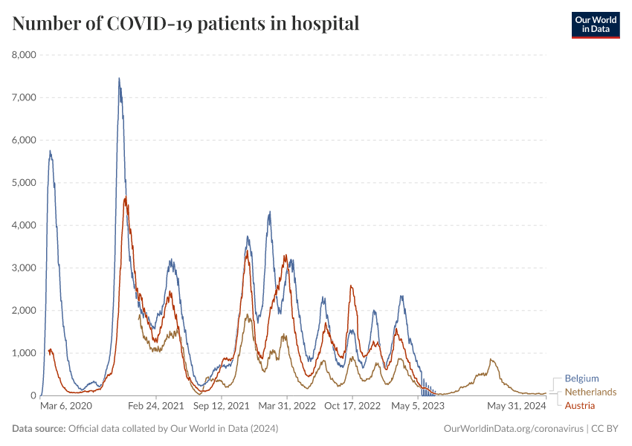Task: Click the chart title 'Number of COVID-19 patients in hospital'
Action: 186,24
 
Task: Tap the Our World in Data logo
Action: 595,25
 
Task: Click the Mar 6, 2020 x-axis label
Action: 65,407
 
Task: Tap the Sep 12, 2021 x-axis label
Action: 222,407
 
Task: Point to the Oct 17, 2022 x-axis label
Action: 352,407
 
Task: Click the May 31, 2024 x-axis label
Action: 517,407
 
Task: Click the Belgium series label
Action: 581,378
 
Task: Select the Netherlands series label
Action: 590,392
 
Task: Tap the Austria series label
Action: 580,405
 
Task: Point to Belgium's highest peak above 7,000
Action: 119,79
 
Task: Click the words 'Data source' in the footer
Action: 39,429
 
